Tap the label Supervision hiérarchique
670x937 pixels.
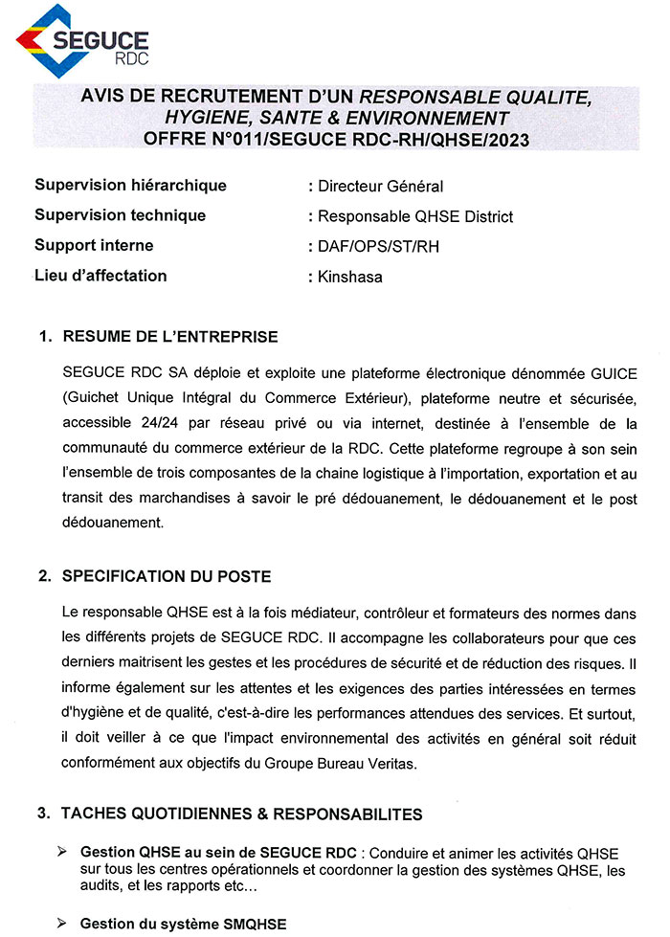130,185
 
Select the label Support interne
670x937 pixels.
94,245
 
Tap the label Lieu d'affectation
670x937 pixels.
100,276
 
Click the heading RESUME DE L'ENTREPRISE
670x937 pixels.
169,337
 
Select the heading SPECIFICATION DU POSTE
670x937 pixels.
167,576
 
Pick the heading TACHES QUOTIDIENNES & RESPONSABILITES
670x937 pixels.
241,814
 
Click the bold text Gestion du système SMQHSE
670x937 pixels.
183,924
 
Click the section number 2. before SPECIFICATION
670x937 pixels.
44,576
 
